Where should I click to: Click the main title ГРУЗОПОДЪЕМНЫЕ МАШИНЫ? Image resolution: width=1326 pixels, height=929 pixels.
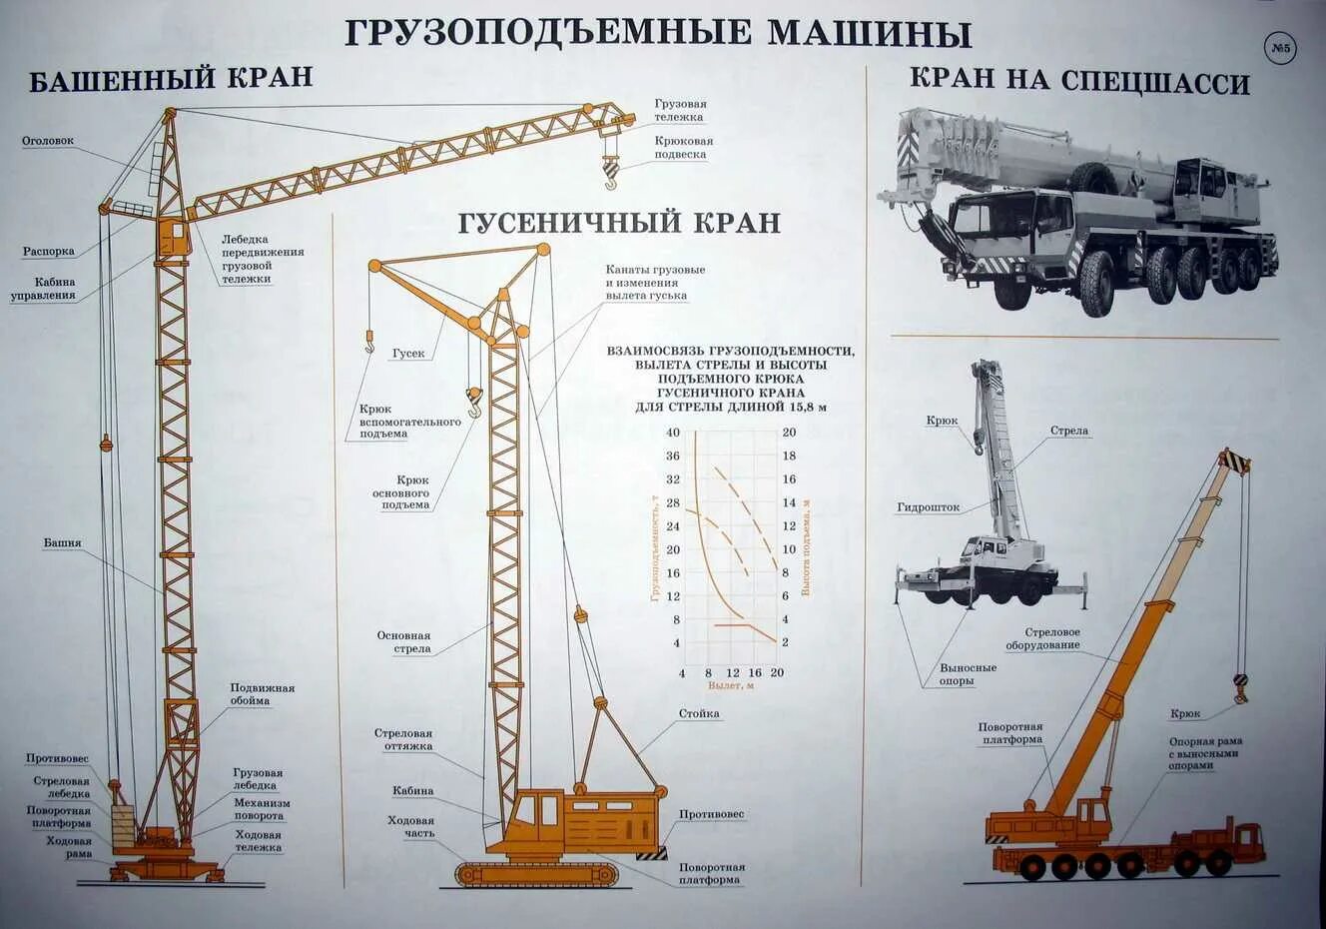(x=658, y=33)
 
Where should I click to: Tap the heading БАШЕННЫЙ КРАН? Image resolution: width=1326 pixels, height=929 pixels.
(x=171, y=79)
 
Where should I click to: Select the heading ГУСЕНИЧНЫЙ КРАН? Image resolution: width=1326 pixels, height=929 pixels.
(x=619, y=222)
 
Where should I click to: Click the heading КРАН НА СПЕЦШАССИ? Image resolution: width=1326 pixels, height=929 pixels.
(x=1079, y=81)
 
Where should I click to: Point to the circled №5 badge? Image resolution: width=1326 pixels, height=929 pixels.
(x=1280, y=48)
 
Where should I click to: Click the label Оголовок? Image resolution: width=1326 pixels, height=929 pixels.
(x=48, y=141)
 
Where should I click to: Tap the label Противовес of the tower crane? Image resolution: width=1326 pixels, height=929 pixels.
(x=57, y=759)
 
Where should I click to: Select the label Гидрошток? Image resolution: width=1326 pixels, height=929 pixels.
(x=928, y=507)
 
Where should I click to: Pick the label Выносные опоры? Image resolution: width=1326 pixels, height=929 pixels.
(x=967, y=674)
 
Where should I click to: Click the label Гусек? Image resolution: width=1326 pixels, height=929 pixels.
(x=408, y=354)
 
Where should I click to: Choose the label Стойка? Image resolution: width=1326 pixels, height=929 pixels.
(x=699, y=714)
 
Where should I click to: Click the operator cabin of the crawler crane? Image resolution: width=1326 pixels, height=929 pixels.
(x=536, y=815)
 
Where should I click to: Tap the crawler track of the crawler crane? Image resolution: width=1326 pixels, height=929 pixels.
(x=536, y=875)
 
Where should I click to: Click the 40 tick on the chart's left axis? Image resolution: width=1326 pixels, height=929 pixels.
(x=673, y=433)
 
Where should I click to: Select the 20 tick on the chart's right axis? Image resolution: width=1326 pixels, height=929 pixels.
(x=789, y=433)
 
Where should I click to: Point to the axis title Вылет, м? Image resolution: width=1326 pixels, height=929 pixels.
(x=730, y=686)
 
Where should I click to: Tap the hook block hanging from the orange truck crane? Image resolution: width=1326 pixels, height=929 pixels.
(x=1241, y=688)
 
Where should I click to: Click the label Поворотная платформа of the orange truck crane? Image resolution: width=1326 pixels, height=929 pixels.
(x=1010, y=734)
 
